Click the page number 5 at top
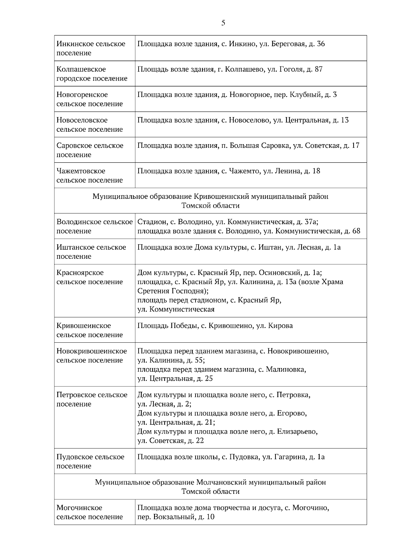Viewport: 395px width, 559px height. (223, 23)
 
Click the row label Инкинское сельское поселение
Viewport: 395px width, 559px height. (91, 48)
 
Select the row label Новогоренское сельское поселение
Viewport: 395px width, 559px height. (89, 99)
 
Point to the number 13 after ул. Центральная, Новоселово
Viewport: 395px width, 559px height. (345, 120)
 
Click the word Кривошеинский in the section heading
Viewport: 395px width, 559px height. (222, 197)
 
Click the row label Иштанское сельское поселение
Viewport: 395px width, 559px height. (91, 252)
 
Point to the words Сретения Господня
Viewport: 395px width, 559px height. (172, 291)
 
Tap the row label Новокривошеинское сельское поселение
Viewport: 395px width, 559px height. (92, 356)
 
